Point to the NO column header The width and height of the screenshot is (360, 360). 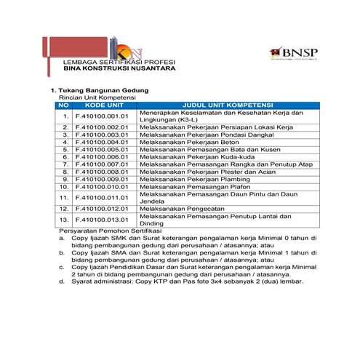pos(64,105)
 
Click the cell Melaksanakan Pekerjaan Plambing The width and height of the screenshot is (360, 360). pos(190,178)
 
